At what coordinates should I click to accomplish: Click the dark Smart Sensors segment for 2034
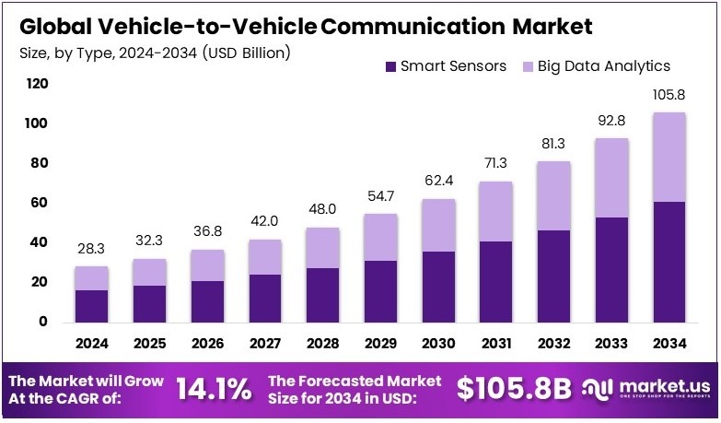coord(669,262)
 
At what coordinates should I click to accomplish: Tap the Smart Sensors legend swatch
coord(391,66)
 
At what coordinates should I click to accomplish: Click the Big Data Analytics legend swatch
coord(529,66)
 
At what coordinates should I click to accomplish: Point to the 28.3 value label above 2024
coord(92,248)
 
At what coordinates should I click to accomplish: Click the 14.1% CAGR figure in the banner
coord(213,389)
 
